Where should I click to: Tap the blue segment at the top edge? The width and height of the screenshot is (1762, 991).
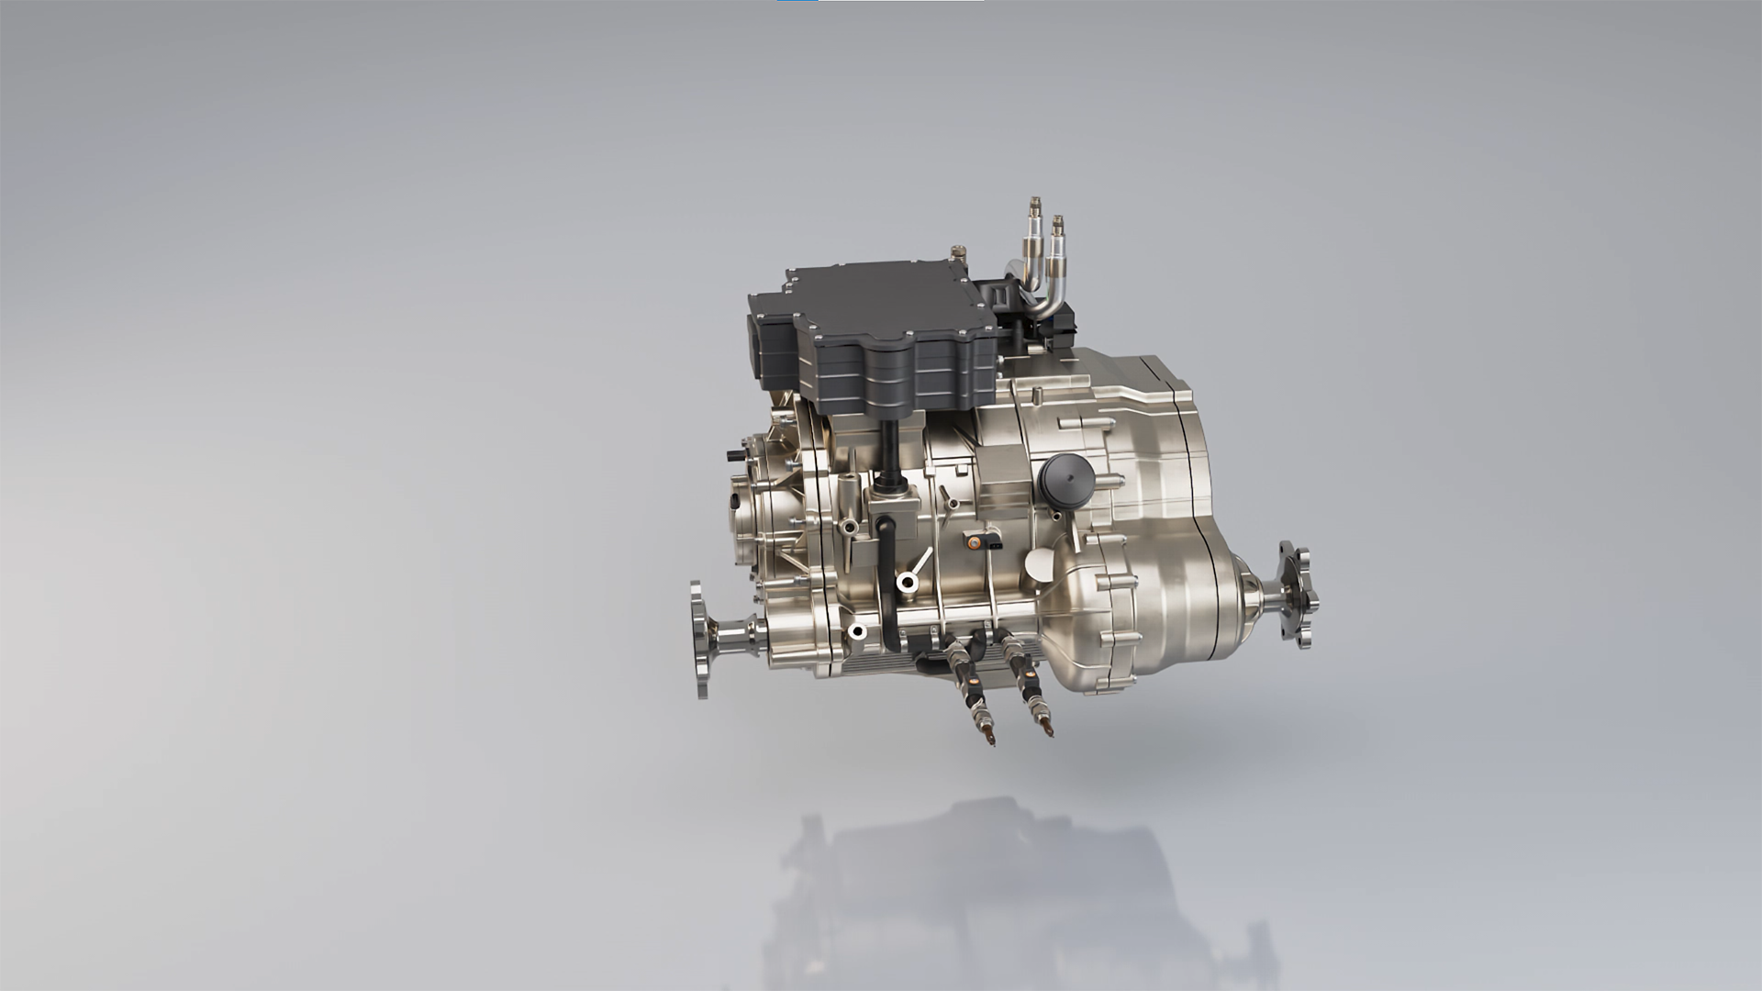tap(797, 1)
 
